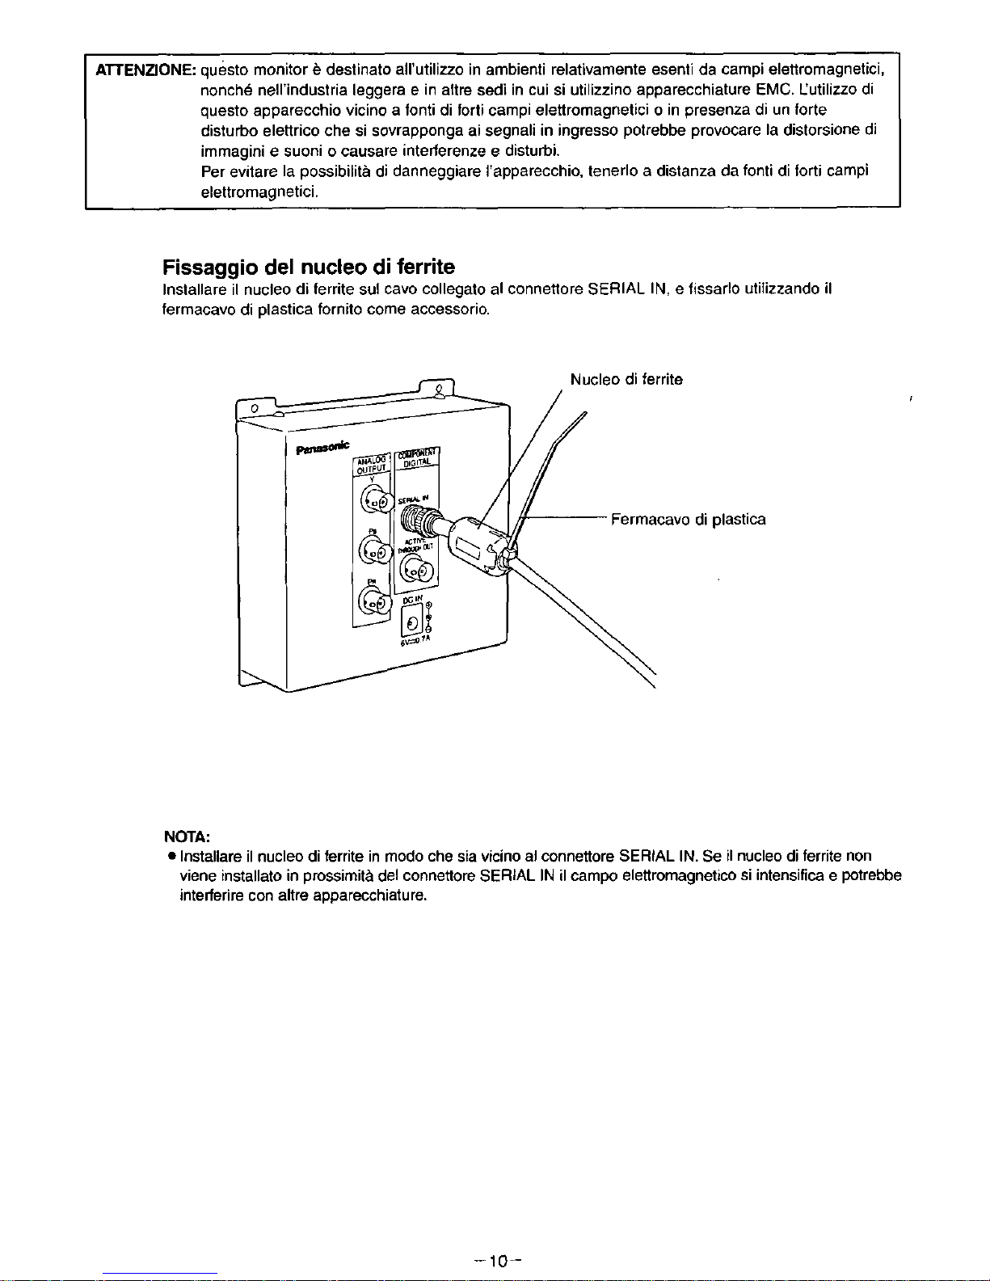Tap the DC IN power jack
click(412, 622)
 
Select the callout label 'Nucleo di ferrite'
click(626, 379)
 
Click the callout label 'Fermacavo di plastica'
click(688, 519)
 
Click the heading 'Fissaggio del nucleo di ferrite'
click(309, 267)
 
